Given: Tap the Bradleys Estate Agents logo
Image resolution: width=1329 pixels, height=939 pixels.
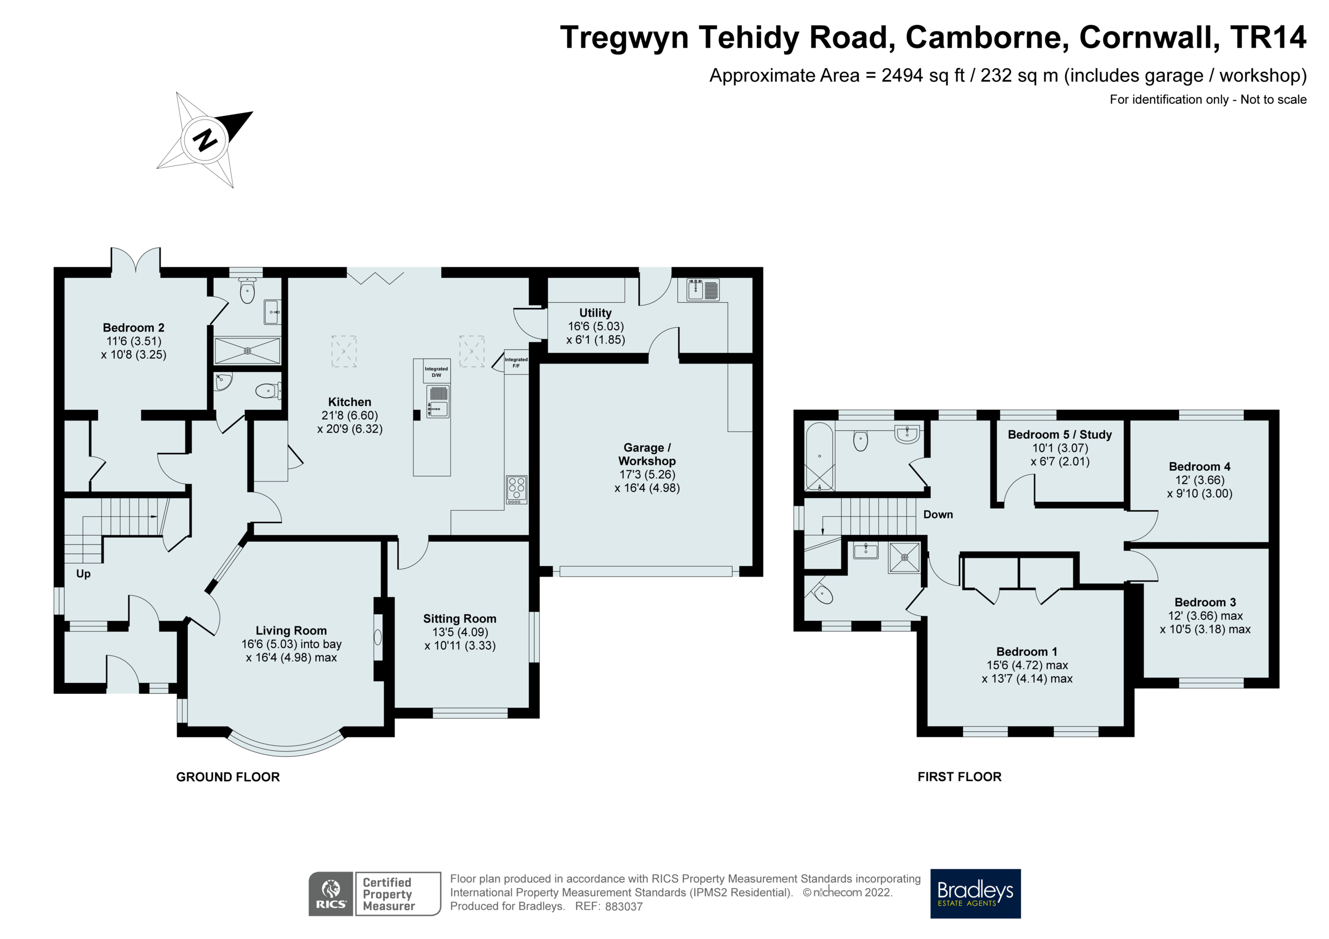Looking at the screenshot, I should (x=975, y=893).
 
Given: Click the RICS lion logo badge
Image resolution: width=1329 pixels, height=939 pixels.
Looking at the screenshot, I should (x=331, y=893).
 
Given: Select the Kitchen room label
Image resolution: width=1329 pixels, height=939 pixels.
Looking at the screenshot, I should (x=349, y=402).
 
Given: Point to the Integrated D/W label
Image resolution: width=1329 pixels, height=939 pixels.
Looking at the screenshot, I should (x=436, y=371).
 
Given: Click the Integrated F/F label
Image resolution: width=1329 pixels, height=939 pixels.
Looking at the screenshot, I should (x=516, y=362).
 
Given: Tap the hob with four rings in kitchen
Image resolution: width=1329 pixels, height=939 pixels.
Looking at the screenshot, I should (x=516, y=489).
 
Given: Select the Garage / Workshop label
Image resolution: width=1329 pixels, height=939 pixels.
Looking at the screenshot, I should (x=647, y=454).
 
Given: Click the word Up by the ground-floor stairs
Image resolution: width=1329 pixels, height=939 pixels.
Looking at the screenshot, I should (x=84, y=573).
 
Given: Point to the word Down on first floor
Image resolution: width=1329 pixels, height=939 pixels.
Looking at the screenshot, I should (x=937, y=515).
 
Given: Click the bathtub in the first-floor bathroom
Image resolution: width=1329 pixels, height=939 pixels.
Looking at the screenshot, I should (x=820, y=457).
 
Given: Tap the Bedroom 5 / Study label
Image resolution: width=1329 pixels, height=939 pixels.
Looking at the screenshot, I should (x=1059, y=434).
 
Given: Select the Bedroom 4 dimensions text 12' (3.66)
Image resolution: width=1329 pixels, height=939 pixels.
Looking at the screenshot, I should (x=1199, y=480).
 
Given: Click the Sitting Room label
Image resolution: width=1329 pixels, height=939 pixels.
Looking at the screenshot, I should (x=460, y=619).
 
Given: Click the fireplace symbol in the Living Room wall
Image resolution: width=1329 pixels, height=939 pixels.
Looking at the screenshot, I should (x=378, y=637).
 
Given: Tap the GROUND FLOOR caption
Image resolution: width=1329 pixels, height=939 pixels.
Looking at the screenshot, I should (x=228, y=777).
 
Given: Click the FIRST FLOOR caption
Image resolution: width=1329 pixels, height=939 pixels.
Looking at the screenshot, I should (x=959, y=777).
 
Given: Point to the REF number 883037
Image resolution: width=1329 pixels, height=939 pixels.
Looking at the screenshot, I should (x=624, y=906).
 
